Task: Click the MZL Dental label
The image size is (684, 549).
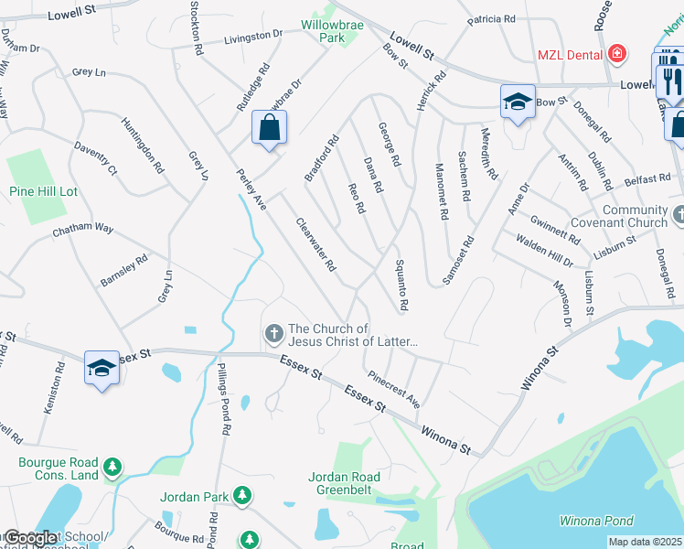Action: tap(571, 55)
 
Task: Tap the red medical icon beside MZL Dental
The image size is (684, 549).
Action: tap(618, 54)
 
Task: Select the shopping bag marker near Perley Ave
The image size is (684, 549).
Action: tap(270, 129)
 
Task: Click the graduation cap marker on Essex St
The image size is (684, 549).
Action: tap(102, 369)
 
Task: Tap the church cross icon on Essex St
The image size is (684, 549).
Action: tap(273, 335)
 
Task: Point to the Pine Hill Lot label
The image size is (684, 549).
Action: tap(43, 191)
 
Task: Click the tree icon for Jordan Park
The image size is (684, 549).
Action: tap(241, 496)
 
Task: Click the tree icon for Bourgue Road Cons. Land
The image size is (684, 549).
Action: tap(112, 468)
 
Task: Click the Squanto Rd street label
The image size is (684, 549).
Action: tap(401, 284)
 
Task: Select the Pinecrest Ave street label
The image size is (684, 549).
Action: tap(394, 388)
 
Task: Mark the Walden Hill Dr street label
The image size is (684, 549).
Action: tap(544, 250)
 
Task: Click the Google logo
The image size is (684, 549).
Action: tap(30, 539)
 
